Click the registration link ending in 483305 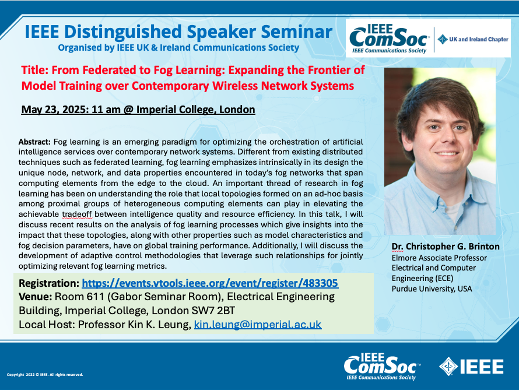click(210, 283)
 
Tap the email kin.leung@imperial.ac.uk click(258, 325)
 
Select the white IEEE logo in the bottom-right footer click(471, 367)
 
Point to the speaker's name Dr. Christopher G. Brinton click(446, 247)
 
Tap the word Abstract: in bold click(34, 142)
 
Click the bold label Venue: click(35, 297)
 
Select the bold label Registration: click(49, 283)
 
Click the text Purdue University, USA click(432, 289)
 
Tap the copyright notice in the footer click(45, 375)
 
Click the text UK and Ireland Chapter click(479, 40)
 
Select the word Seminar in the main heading click(297, 31)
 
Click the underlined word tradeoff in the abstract click(77, 215)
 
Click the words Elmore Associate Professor click(439, 258)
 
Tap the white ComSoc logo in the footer click(382, 366)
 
